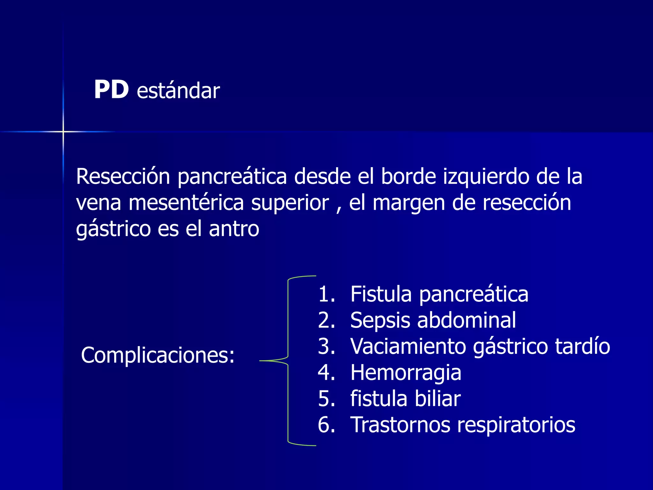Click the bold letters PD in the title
point(111,90)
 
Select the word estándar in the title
point(178,91)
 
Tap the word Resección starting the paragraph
point(123,176)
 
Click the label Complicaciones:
point(158,355)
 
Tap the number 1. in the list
point(326,294)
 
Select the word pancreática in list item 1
point(473,294)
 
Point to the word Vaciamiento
point(408,346)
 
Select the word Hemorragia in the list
point(406,373)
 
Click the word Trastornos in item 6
point(400,425)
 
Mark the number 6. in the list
point(326,425)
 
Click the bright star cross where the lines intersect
point(63,131)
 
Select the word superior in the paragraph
point(290,203)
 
